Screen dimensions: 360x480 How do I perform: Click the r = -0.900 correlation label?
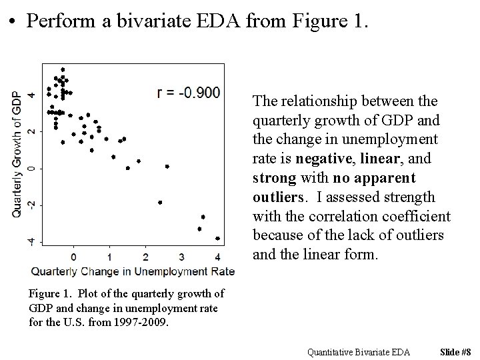tap(189, 93)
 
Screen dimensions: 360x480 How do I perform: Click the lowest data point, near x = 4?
tap(217, 238)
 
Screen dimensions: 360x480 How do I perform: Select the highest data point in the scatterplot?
tap(63, 69)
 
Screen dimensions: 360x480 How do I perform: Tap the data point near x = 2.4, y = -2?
tap(160, 202)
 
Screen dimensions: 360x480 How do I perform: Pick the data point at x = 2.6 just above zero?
tap(167, 166)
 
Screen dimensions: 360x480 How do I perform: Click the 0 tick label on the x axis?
tap(73, 257)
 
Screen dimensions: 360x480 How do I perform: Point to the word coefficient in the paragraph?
tap(418, 217)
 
